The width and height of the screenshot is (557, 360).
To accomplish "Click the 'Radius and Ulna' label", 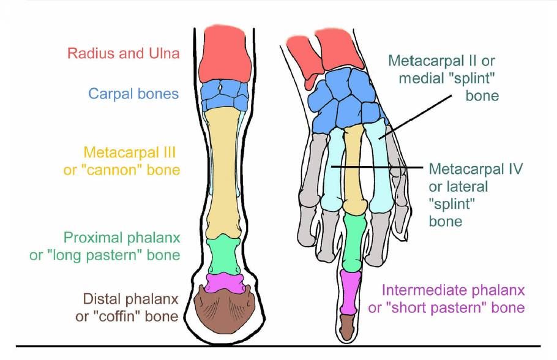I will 124,54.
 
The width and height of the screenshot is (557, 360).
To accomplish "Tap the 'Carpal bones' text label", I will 133,94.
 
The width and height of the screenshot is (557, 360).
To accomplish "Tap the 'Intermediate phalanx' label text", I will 452,290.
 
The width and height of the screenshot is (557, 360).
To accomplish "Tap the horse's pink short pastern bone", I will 224,282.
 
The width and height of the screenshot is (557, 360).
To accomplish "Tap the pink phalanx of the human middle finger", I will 350,291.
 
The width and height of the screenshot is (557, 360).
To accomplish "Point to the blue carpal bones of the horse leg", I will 225,94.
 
